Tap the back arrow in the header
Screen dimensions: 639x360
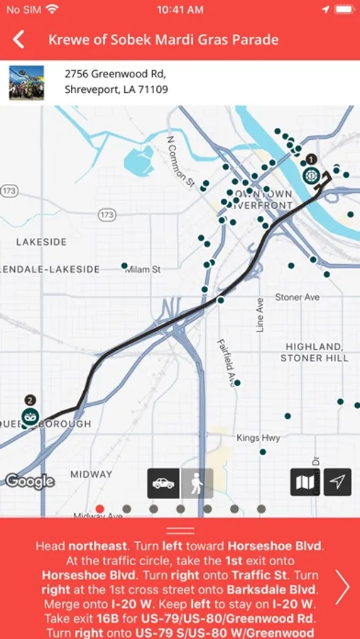(18, 40)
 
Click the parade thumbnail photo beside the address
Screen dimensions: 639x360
(26, 82)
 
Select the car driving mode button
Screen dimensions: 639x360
(163, 483)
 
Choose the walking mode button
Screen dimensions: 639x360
(197, 483)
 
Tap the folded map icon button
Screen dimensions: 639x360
(305, 483)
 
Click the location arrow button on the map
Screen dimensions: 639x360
(338, 483)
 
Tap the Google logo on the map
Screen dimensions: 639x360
(30, 481)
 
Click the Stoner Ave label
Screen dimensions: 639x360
(298, 297)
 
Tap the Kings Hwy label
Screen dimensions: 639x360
(258, 438)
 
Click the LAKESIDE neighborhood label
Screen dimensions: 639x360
(41, 242)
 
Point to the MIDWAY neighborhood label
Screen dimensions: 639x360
(91, 474)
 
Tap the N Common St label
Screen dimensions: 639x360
(180, 161)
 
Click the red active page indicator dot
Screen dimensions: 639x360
(99, 508)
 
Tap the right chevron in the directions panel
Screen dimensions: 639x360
(342, 587)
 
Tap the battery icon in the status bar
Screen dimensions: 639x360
(344, 10)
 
